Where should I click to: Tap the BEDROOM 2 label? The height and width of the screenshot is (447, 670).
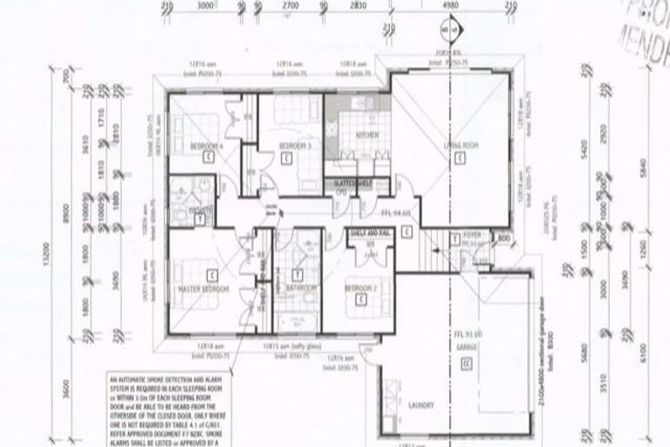tap(359, 287)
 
